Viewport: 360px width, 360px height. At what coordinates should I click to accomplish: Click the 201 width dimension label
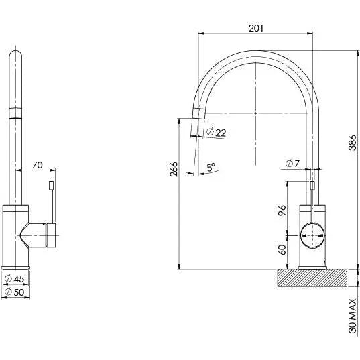pyautogui.click(x=255, y=27)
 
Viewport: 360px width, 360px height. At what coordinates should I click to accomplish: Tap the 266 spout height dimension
pyautogui.click(x=174, y=170)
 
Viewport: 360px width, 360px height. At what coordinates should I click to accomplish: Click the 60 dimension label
pyautogui.click(x=282, y=249)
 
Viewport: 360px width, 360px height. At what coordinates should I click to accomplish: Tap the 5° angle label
pyautogui.click(x=211, y=168)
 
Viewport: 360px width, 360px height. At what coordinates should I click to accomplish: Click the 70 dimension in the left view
pyautogui.click(x=37, y=163)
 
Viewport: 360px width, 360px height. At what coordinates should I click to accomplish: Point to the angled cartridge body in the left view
pyautogui.click(x=34, y=235)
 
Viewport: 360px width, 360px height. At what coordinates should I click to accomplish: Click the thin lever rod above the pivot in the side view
pyautogui.click(x=312, y=201)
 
